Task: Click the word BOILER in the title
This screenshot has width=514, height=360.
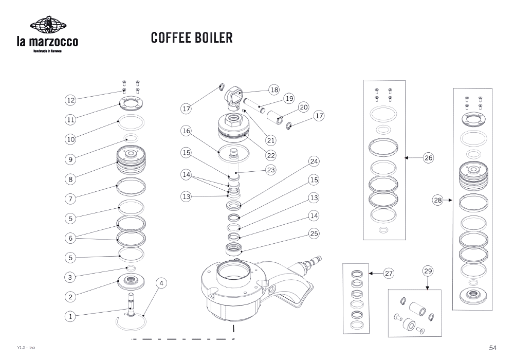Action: click(214, 38)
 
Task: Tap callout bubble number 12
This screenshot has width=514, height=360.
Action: click(71, 100)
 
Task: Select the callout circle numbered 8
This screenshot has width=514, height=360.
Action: click(71, 179)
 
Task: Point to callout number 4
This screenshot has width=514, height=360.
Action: click(161, 283)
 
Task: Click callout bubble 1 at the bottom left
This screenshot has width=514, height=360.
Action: click(71, 317)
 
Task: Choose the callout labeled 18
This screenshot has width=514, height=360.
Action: click(274, 90)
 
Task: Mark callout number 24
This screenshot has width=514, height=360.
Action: click(314, 161)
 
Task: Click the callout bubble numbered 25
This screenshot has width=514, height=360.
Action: click(314, 233)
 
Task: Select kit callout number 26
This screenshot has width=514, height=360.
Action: click(428, 158)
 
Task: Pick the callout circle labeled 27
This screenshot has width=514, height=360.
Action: click(388, 274)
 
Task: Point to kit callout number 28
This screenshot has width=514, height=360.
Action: click(437, 201)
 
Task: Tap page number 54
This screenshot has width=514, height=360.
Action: click(492, 348)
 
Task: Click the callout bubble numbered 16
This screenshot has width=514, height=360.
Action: click(186, 131)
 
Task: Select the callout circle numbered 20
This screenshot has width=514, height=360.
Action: click(303, 107)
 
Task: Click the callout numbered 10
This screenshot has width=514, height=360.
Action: click(71, 139)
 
